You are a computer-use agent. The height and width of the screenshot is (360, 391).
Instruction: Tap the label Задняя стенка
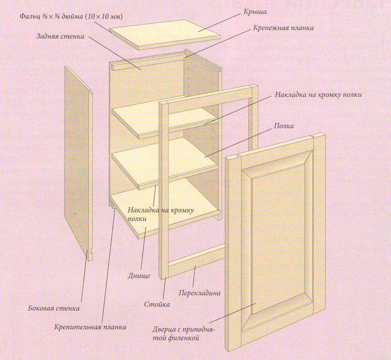pyautogui.click(x=61, y=37)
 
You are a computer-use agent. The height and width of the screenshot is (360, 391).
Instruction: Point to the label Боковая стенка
pyautogui.click(x=53, y=308)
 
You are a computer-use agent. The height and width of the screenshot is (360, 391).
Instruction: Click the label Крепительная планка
pyautogui.click(x=90, y=327)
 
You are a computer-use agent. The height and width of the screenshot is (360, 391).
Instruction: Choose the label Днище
pyautogui.click(x=139, y=276)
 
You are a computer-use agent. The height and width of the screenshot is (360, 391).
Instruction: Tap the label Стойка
pyautogui.click(x=157, y=304)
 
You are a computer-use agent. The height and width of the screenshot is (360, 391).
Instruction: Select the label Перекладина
pyautogui.click(x=200, y=293)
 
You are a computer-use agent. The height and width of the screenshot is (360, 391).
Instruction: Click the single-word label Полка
pyautogui.click(x=284, y=126)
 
